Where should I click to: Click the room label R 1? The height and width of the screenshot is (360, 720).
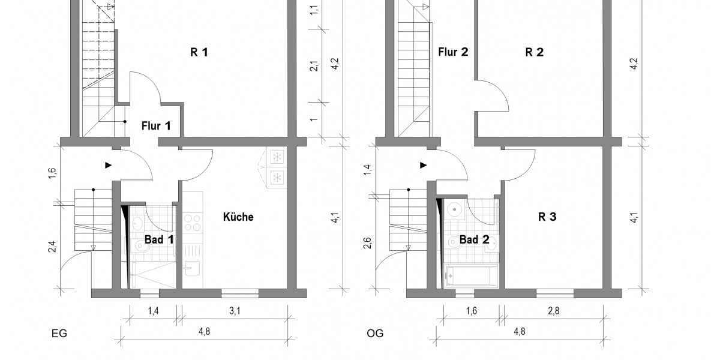(199, 52)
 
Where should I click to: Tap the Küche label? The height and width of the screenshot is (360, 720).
(238, 217)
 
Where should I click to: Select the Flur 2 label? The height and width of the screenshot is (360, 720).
(453, 52)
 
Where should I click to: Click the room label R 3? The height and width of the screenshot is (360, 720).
(547, 217)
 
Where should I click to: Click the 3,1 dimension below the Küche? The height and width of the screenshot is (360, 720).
(235, 311)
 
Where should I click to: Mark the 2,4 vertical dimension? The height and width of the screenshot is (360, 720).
(53, 246)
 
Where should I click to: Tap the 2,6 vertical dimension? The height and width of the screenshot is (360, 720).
(367, 243)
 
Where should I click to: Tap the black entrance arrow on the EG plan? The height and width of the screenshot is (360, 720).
(108, 164)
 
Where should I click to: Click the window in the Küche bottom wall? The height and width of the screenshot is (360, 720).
(240, 293)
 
